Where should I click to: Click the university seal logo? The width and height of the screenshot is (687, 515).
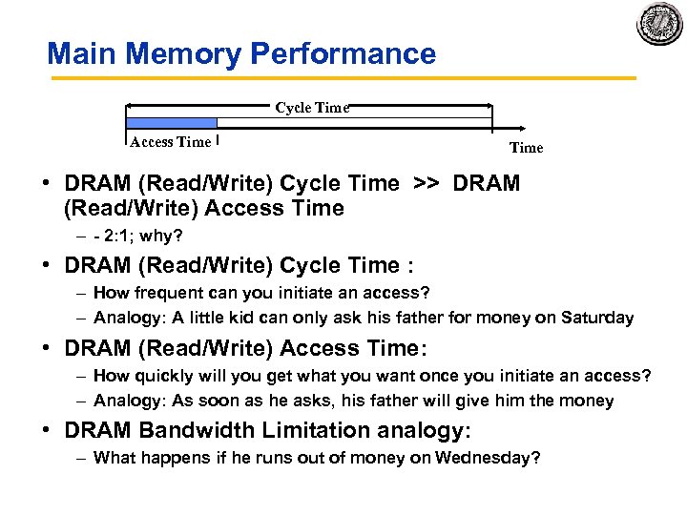(659, 23)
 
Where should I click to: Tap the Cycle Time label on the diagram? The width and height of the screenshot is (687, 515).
(312, 108)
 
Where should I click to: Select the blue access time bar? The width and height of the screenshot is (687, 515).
(172, 122)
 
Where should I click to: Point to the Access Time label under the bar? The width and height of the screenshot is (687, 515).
(170, 142)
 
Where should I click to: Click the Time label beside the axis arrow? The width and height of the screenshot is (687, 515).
(526, 148)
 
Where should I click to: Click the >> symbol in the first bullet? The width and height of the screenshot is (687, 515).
(427, 183)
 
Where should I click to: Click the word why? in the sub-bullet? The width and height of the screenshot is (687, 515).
(162, 235)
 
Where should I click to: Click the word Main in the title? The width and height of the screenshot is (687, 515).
(83, 53)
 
